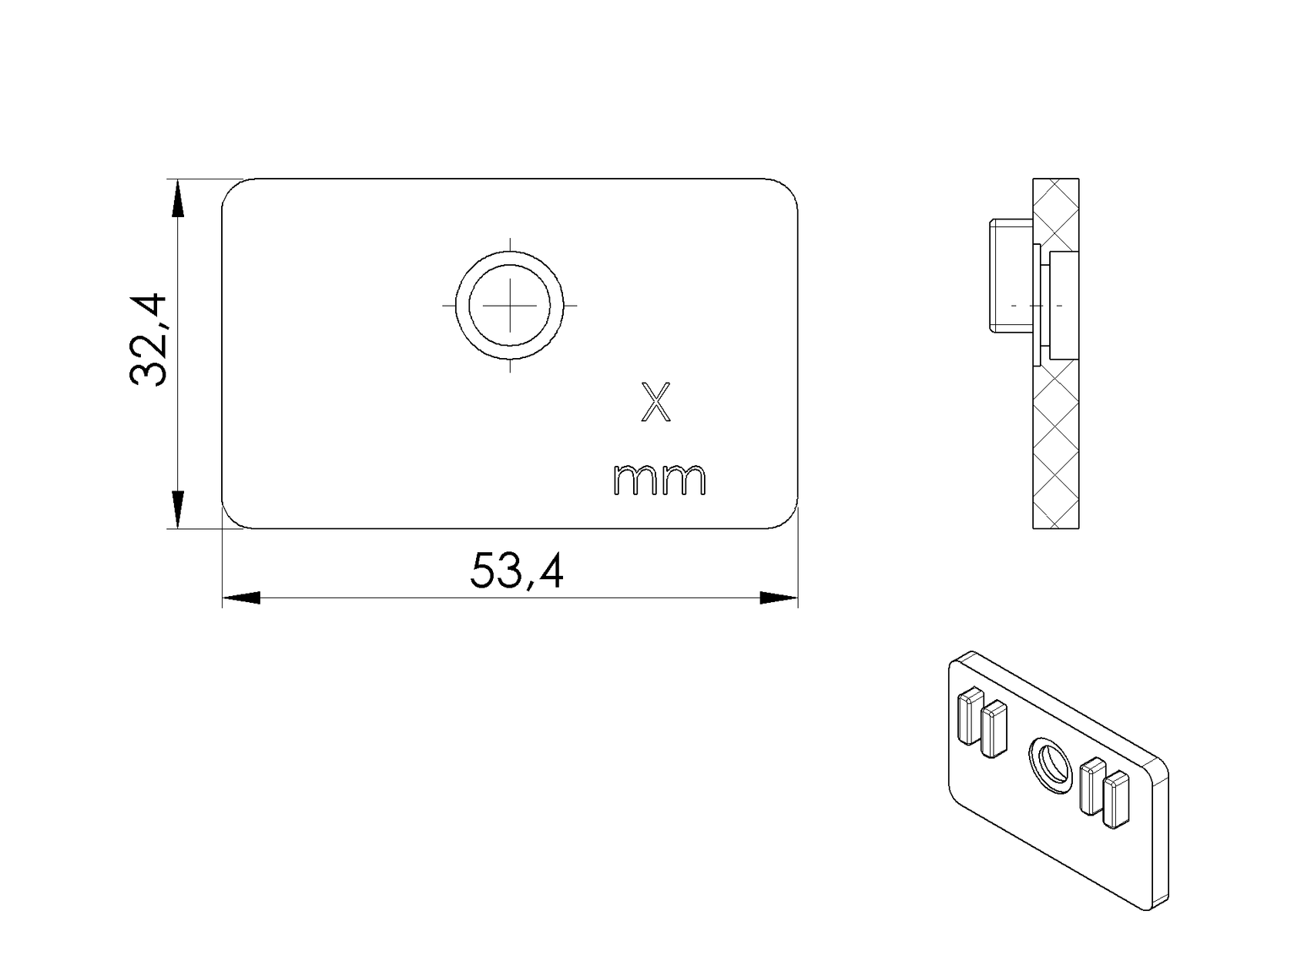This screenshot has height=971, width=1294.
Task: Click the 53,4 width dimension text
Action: tap(517, 571)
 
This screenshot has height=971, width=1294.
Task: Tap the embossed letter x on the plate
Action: tap(656, 402)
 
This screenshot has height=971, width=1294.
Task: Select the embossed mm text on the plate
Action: tap(659, 480)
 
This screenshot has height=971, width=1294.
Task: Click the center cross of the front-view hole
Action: tap(509, 305)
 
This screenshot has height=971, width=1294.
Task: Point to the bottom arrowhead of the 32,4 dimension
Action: tap(177, 510)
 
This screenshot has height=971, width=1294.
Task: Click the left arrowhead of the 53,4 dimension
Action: tap(241, 598)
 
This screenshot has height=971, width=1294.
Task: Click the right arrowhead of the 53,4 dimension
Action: tap(778, 598)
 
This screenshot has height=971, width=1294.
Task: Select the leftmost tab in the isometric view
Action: tap(970, 716)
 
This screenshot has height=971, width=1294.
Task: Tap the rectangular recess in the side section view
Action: tap(1063, 305)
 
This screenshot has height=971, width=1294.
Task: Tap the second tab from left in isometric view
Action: tap(994, 728)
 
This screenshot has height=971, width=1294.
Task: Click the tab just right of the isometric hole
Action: tap(1092, 786)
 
